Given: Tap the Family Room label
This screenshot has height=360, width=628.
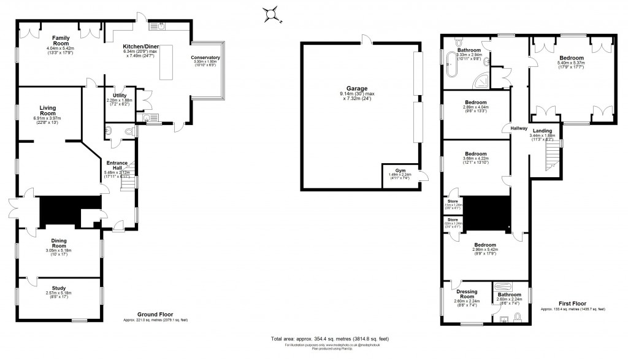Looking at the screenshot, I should click(60, 38).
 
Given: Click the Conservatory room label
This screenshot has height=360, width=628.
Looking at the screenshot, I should click(205, 58).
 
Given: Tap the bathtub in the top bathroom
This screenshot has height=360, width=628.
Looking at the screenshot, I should click(452, 64).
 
